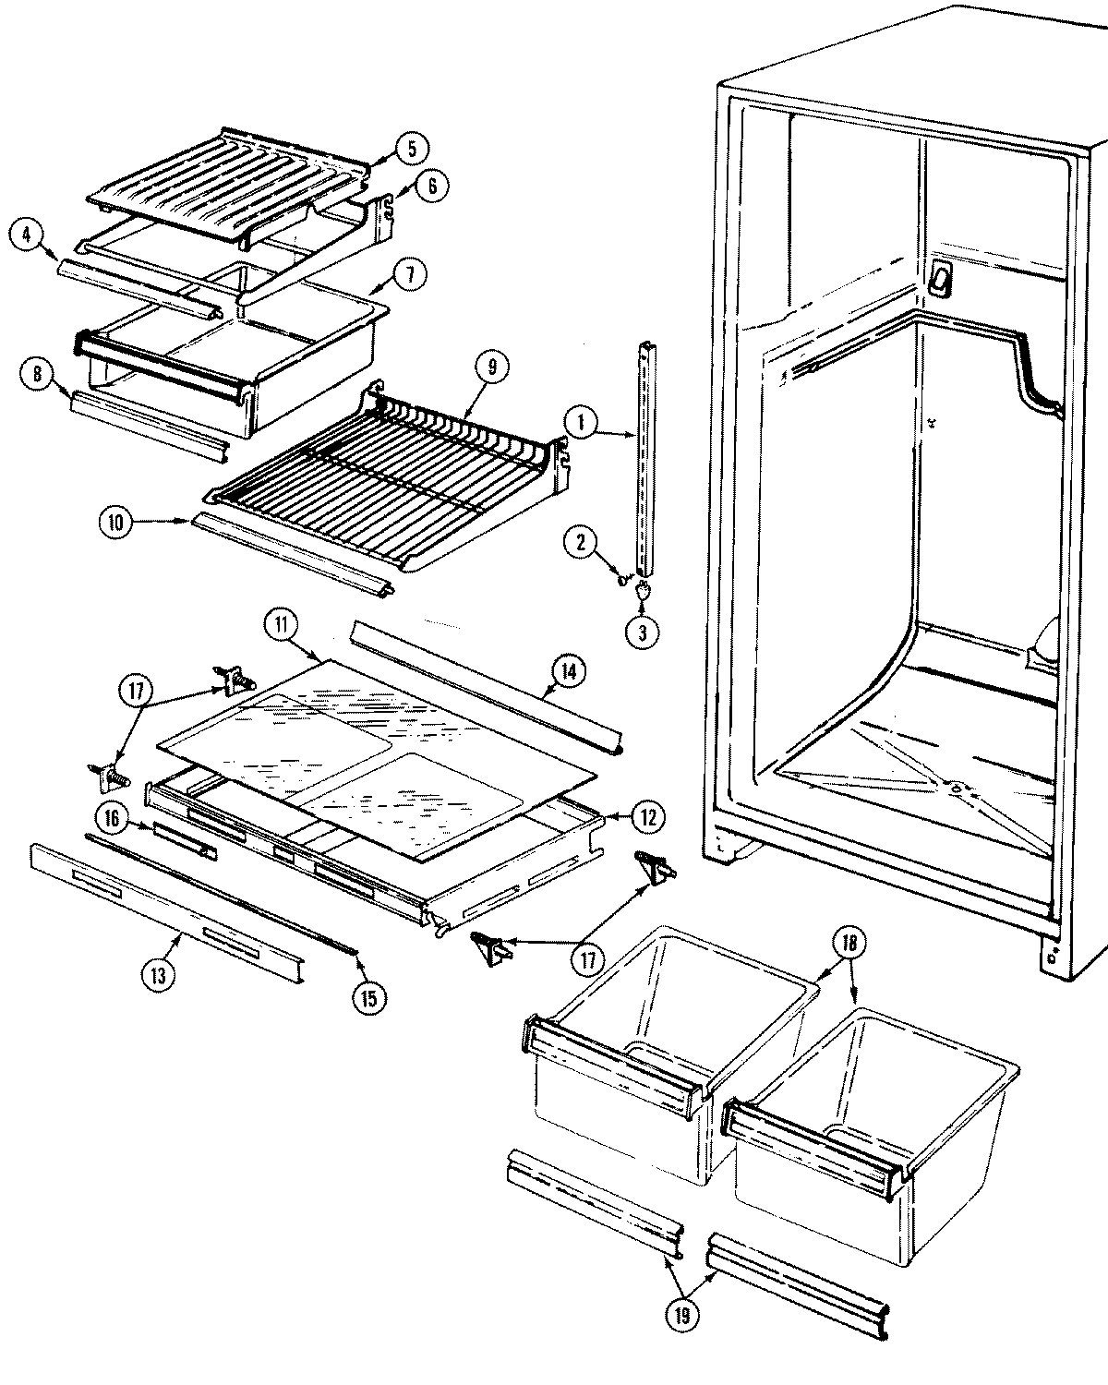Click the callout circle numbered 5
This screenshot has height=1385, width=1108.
tap(412, 148)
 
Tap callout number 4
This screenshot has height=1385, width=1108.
tap(26, 235)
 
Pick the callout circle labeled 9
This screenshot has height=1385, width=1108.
tap(491, 367)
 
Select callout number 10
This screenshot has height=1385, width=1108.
tap(115, 523)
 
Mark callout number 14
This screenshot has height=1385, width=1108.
tap(567, 671)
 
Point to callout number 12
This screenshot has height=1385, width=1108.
tap(648, 816)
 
